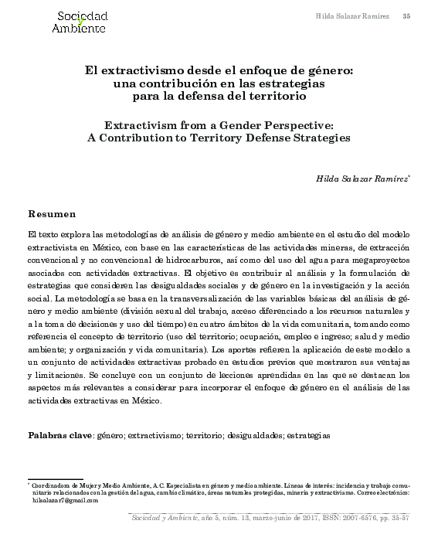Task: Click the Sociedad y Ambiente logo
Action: pyautogui.click(x=79, y=22)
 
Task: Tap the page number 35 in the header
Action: pyautogui.click(x=406, y=16)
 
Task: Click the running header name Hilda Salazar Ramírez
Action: pyautogui.click(x=351, y=16)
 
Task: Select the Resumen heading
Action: pyautogui.click(x=52, y=213)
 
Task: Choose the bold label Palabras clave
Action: pyautogui.click(x=59, y=435)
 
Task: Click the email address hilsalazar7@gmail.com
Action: pyautogui.click(x=66, y=500)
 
